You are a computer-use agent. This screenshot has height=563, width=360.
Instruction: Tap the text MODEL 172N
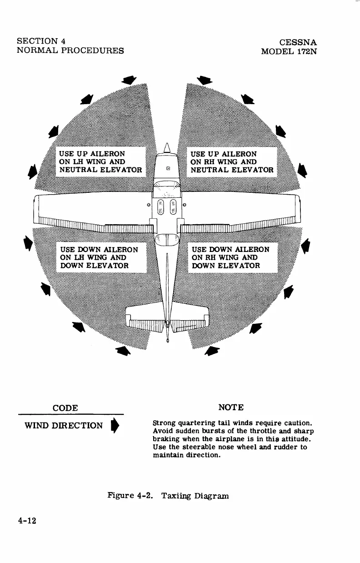tap(289, 51)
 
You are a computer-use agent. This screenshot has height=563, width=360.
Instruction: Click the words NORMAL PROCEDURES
tap(70, 50)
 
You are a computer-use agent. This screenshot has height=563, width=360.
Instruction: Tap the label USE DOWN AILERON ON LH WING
tap(100, 257)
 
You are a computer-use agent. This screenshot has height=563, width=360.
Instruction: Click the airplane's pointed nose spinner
tap(167, 147)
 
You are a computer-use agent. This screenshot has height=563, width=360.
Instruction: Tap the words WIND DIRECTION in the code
tap(63, 426)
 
